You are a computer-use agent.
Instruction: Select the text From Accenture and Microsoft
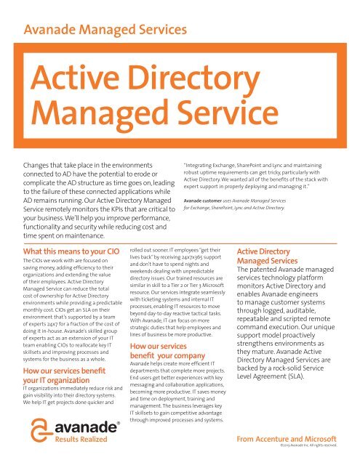pos(287,440)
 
